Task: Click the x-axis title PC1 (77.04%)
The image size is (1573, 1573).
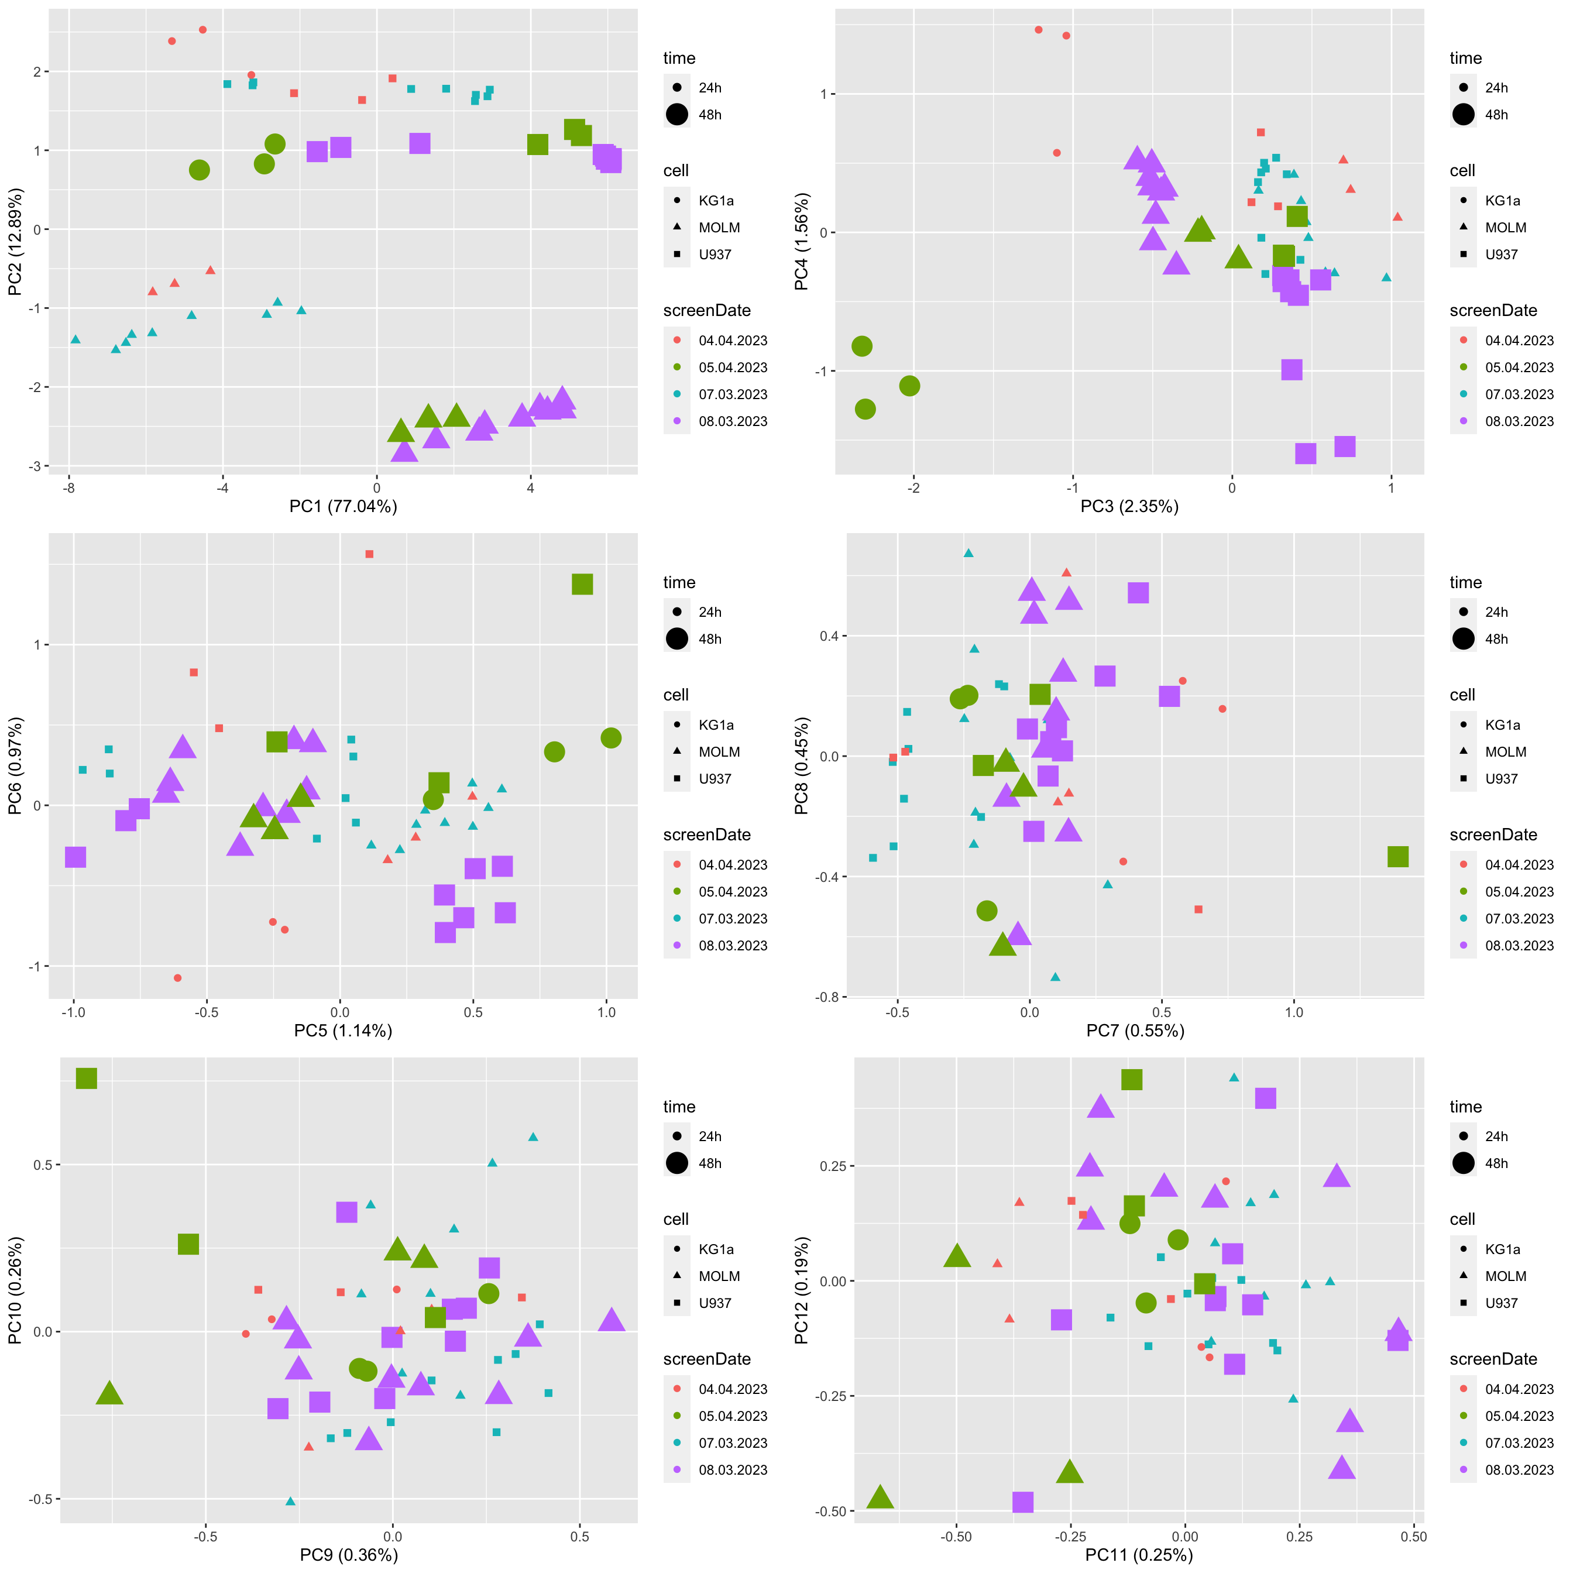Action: [343, 506]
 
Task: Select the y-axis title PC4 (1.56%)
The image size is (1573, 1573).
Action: [802, 242]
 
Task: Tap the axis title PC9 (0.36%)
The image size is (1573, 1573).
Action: [348, 1555]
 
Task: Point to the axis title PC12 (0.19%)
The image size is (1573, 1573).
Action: [802, 1290]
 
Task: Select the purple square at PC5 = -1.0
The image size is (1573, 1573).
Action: [75, 857]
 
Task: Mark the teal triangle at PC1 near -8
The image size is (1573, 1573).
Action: [75, 339]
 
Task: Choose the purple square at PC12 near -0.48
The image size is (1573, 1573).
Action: [1022, 1502]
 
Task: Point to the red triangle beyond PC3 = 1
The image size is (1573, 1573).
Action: [1397, 217]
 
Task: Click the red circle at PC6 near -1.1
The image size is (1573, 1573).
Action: [177, 978]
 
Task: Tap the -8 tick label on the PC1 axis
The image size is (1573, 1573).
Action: [68, 489]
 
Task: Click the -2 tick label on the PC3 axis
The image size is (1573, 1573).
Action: [913, 489]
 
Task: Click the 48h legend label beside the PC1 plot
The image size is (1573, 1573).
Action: [710, 115]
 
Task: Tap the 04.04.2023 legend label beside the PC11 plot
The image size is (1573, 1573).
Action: [1519, 1389]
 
